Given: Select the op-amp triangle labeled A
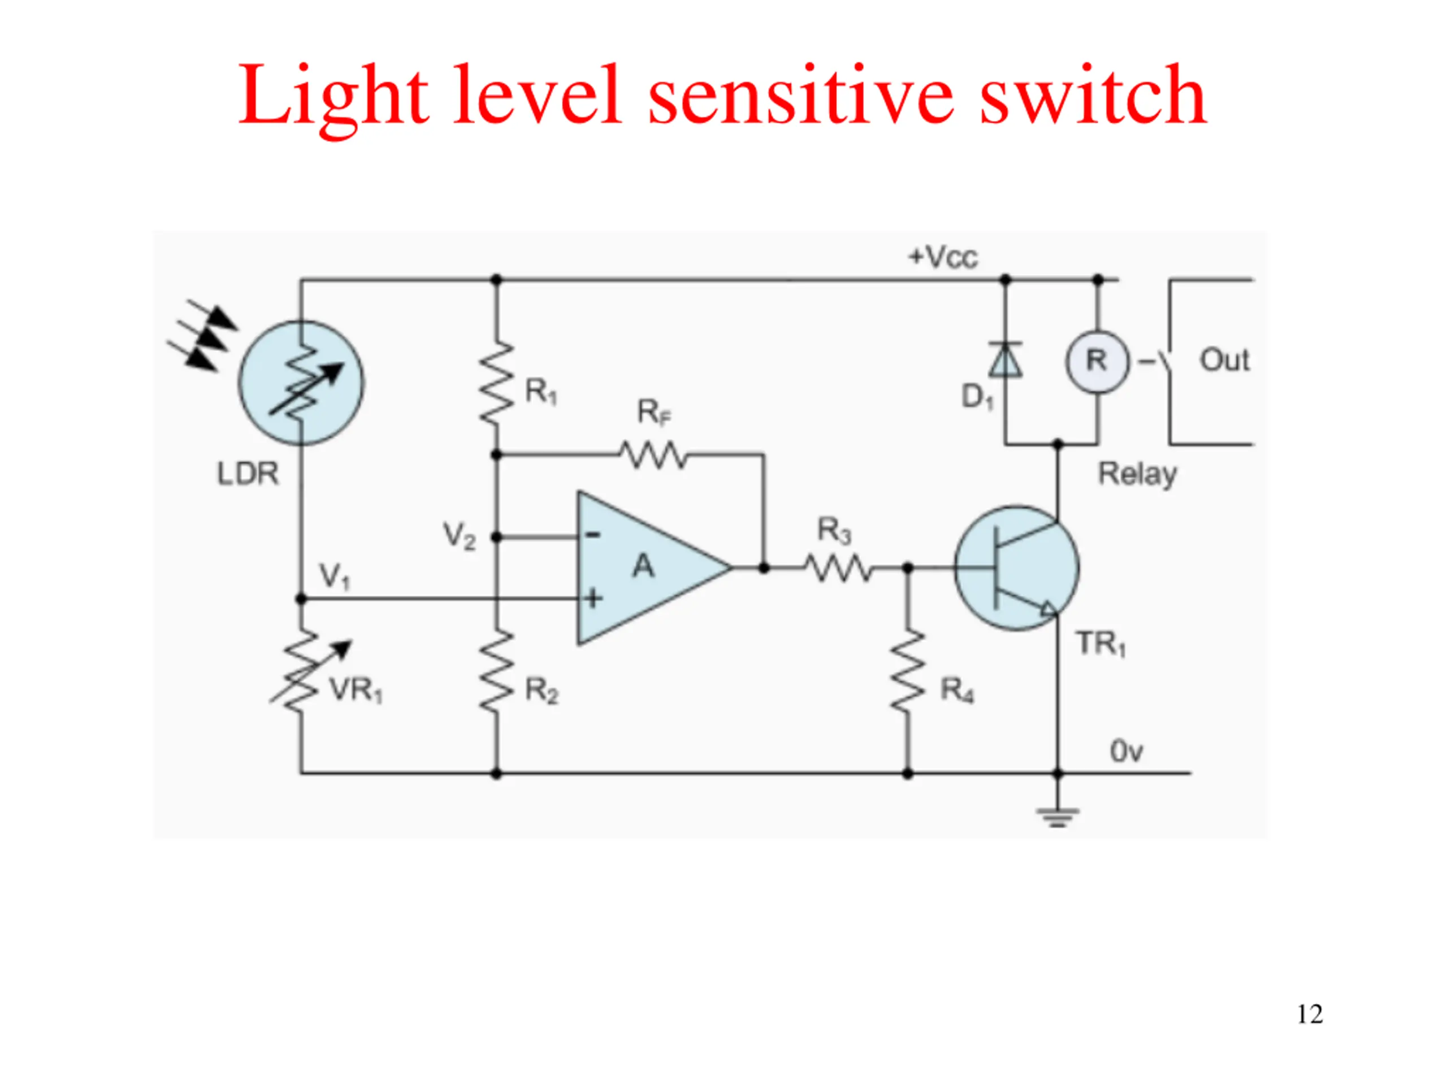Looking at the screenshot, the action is click(654, 568).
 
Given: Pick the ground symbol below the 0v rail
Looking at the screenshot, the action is click(1058, 818).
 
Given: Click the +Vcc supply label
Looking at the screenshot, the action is click(943, 257).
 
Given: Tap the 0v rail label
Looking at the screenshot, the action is click(1127, 752).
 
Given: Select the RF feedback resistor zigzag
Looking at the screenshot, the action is click(653, 454).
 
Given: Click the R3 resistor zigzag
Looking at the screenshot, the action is click(838, 568).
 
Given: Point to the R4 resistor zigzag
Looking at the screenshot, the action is click(907, 670).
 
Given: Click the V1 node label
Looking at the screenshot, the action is click(334, 577).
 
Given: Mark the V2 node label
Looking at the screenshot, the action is click(459, 536).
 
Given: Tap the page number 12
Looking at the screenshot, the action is click(1310, 1014).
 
